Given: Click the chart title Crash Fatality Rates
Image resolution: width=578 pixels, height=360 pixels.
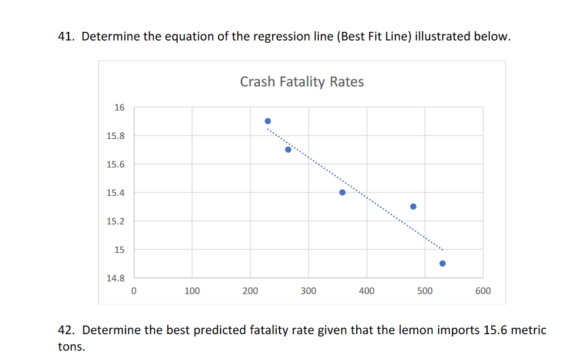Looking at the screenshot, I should (302, 82).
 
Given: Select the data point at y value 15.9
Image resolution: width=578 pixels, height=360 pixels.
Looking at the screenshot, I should (268, 121).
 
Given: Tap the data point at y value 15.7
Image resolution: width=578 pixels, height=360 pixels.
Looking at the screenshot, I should (288, 150).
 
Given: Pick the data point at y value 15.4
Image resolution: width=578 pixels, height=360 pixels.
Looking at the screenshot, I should (343, 193).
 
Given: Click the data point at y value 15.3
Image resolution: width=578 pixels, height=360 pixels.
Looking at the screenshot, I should (413, 206).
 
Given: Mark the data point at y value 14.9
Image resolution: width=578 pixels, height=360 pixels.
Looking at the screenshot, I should (442, 263).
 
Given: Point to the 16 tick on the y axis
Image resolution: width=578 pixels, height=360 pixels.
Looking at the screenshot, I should (119, 107).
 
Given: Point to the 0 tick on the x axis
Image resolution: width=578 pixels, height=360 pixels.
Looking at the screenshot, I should (134, 291).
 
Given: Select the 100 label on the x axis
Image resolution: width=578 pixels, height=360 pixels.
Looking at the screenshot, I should (192, 291).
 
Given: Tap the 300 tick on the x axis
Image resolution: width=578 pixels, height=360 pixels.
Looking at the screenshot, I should (309, 291).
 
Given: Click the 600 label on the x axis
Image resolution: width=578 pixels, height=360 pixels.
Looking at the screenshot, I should (483, 291).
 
